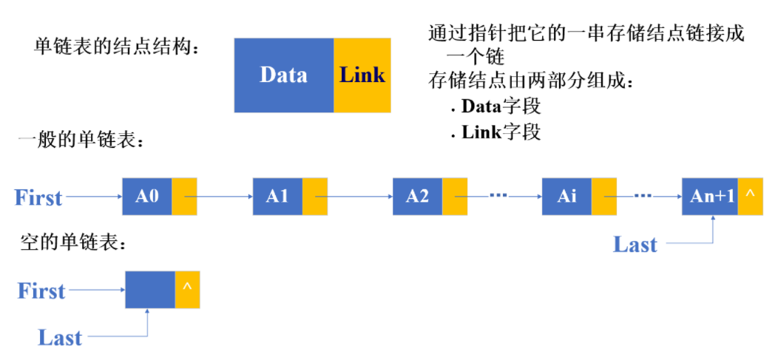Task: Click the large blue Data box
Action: (x=284, y=75)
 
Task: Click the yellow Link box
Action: (x=362, y=75)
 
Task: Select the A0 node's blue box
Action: (x=147, y=197)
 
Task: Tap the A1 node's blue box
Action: (x=277, y=197)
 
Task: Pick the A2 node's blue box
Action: (x=417, y=197)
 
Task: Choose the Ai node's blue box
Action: (x=567, y=197)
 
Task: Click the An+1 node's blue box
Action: (x=710, y=197)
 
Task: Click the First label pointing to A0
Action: (x=38, y=198)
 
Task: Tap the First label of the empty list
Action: (x=41, y=291)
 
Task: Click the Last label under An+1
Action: (x=635, y=245)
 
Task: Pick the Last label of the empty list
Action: (x=60, y=338)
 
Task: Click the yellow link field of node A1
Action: (x=314, y=197)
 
